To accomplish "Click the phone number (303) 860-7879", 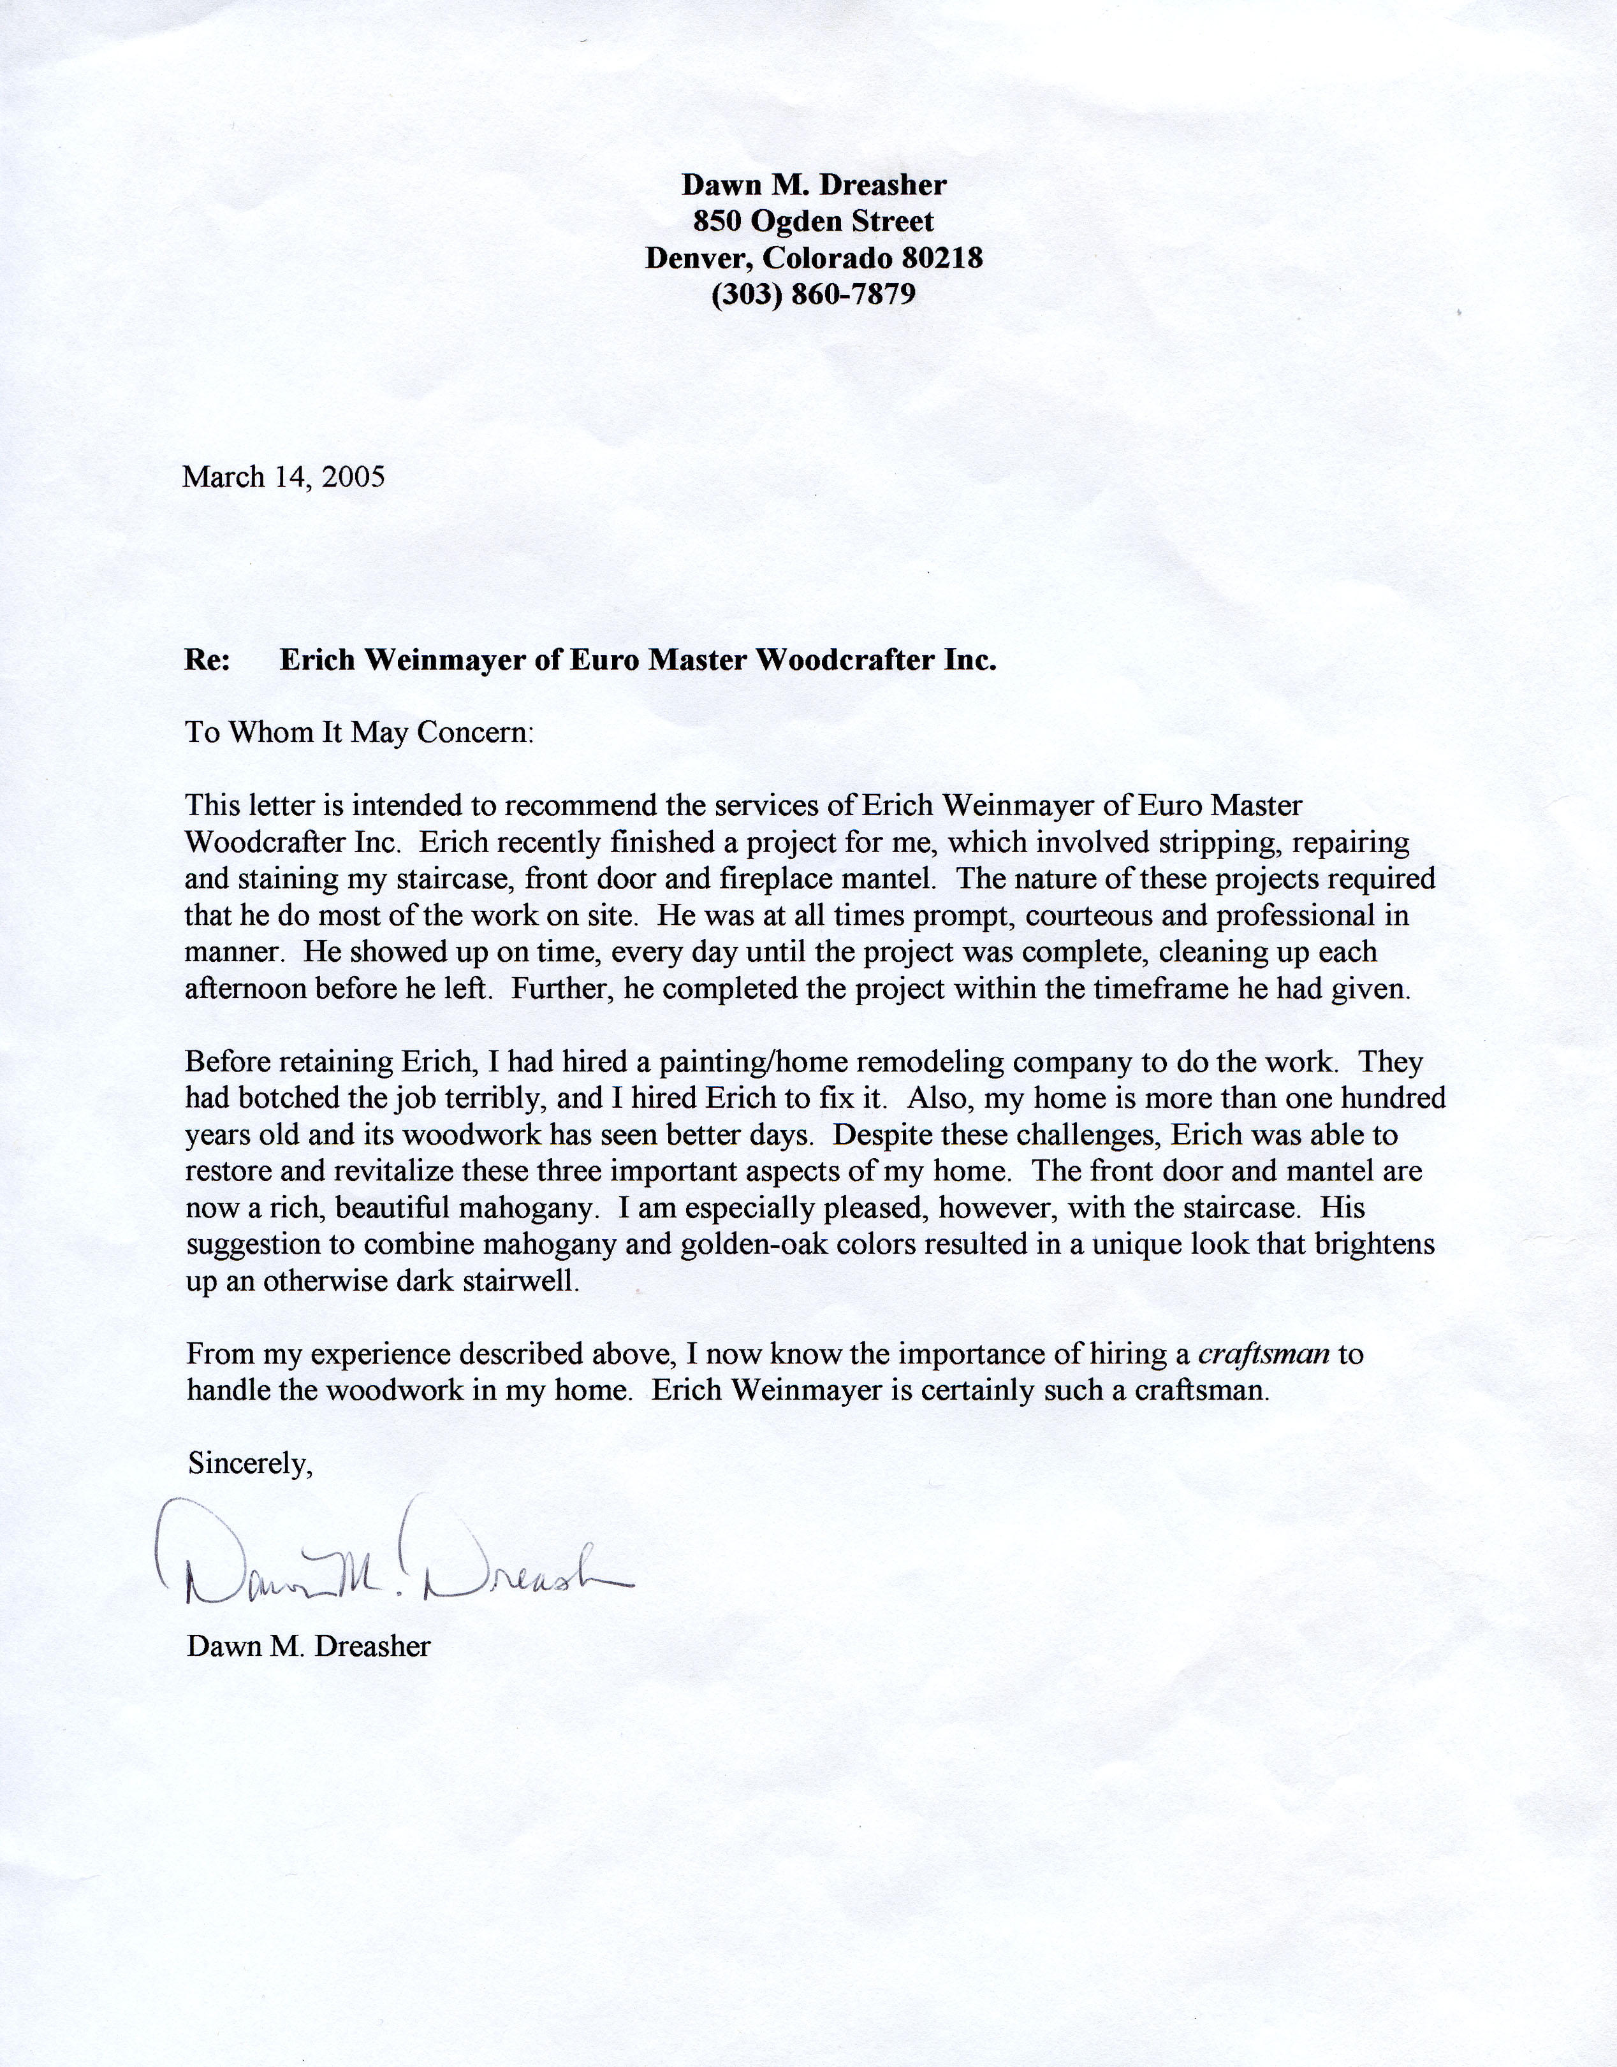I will coord(813,294).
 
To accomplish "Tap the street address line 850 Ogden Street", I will coord(813,221).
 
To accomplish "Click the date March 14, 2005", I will coord(283,476).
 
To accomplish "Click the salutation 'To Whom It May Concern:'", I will coord(360,732).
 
